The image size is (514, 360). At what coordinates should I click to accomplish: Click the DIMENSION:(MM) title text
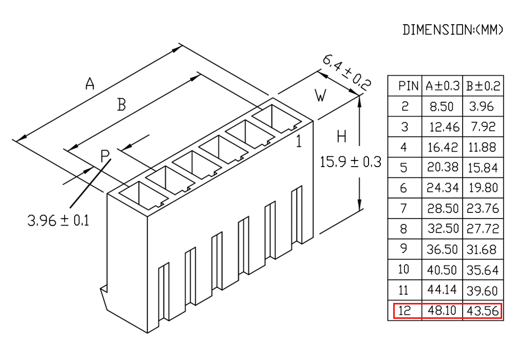[x=453, y=29]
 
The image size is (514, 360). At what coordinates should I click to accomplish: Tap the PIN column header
[x=409, y=86]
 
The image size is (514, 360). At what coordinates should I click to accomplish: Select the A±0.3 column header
[x=443, y=86]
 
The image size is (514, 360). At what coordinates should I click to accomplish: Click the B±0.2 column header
[x=483, y=86]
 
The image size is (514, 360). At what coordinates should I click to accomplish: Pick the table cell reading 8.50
[x=442, y=106]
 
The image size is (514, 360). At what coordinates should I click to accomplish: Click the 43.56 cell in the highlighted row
[x=483, y=311]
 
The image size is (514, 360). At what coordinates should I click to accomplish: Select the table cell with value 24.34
[x=443, y=188]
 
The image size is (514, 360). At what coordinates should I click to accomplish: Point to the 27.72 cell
[x=483, y=228]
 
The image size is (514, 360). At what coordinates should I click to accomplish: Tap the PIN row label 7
[x=404, y=208]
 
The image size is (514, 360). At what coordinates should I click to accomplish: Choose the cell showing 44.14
[x=442, y=290]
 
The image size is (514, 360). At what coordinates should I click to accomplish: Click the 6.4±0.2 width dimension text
[x=347, y=73]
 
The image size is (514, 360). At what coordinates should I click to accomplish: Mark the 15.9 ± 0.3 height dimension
[x=351, y=162]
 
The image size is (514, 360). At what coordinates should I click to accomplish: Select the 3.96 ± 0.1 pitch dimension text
[x=59, y=220]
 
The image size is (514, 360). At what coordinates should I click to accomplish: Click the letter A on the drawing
[x=90, y=83]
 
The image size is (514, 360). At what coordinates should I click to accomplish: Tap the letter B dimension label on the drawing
[x=122, y=105]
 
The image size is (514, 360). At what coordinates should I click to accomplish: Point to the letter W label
[x=320, y=96]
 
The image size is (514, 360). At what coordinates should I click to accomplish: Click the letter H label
[x=342, y=136]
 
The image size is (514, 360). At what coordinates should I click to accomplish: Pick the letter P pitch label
[x=105, y=156]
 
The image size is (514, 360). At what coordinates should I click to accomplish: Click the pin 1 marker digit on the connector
[x=299, y=141]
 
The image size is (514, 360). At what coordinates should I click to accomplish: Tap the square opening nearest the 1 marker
[x=277, y=119]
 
